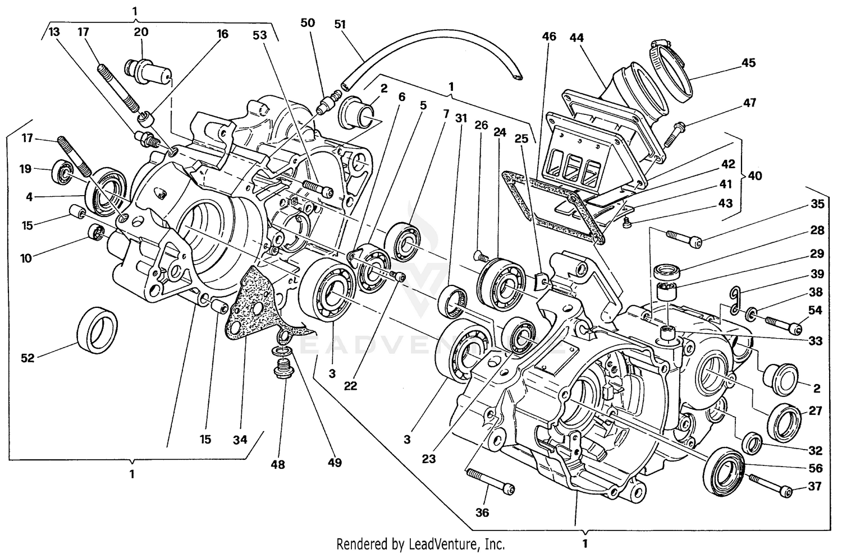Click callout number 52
pyautogui.click(x=27, y=358)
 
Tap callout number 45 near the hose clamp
pyautogui.click(x=748, y=63)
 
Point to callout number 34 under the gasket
pyautogui.click(x=240, y=440)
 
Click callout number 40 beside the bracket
pyautogui.click(x=755, y=176)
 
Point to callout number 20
pyautogui.click(x=141, y=32)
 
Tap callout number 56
pyautogui.click(x=815, y=468)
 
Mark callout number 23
pyautogui.click(x=428, y=459)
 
